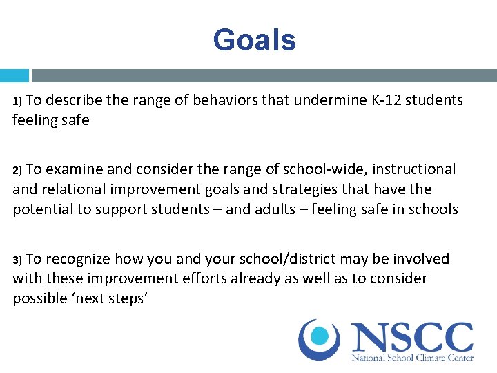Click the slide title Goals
pyautogui.click(x=254, y=40)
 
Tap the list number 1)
pyautogui.click(x=18, y=101)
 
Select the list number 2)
pyautogui.click(x=18, y=170)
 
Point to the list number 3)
pyautogui.click(x=18, y=260)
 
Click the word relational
pyautogui.click(x=75, y=189)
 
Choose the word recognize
pyautogui.click(x=77, y=259)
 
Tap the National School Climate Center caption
pyautogui.click(x=412, y=358)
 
